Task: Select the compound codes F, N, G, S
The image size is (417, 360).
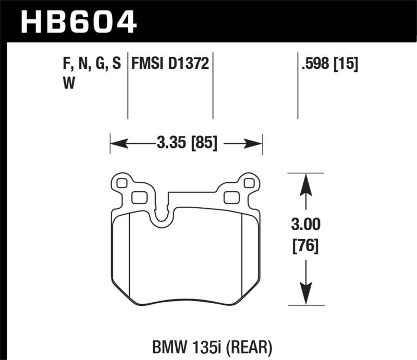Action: coord(91,64)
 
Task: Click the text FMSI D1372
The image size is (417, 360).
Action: coord(170,64)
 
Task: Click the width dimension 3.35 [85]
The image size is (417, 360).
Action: coord(186,142)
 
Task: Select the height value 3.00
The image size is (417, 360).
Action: coord(305,225)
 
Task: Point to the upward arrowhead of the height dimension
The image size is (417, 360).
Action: coord(305,182)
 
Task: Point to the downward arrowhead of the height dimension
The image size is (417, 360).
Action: coord(305,294)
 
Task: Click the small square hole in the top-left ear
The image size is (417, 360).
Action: coord(122,183)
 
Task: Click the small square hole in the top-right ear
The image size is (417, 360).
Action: coord(249,183)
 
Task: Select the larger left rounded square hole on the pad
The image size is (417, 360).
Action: coord(139,197)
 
